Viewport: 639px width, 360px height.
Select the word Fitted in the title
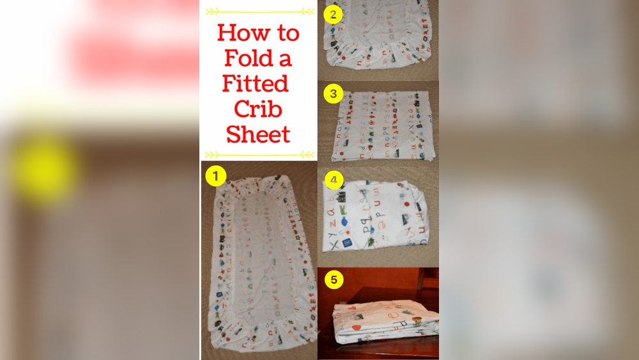(x=256, y=83)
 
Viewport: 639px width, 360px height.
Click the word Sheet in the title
(x=259, y=134)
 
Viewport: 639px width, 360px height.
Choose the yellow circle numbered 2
(x=332, y=13)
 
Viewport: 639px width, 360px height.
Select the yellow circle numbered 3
(x=332, y=94)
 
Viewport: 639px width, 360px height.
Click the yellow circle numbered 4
(x=332, y=180)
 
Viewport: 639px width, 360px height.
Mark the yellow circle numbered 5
(x=333, y=279)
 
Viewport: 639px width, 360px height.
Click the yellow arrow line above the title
(x=259, y=11)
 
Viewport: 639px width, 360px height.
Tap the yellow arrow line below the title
(x=259, y=154)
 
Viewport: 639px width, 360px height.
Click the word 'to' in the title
(x=285, y=33)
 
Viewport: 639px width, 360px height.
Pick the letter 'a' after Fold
(x=285, y=59)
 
